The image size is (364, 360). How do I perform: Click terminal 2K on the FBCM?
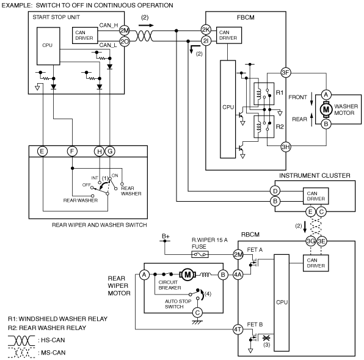tap(206, 29)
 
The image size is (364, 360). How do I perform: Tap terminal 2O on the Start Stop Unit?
tap(125, 42)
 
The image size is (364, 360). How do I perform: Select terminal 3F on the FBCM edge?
tap(286, 73)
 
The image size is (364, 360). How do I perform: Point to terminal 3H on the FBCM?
tap(286, 147)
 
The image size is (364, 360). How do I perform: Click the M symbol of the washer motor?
tap(326, 109)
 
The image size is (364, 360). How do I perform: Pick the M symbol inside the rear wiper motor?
tap(187, 275)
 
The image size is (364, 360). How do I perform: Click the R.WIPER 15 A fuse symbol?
tap(200, 254)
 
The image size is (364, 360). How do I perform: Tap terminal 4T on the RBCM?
tap(238, 329)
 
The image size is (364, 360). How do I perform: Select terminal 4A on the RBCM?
tap(238, 275)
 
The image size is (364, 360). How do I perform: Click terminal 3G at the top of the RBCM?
tap(311, 241)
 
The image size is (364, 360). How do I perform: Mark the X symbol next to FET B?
tap(266, 338)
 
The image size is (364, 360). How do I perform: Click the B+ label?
tap(166, 236)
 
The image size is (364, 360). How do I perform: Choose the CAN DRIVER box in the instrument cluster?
tap(316, 196)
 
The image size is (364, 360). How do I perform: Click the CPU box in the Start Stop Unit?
tap(48, 46)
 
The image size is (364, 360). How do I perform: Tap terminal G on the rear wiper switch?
tap(110, 152)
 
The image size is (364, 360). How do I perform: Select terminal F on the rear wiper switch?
tap(72, 152)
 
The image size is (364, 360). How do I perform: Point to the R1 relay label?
tap(280, 93)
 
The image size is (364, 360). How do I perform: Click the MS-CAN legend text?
tap(51, 353)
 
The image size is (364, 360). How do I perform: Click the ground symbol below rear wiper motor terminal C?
tap(197, 322)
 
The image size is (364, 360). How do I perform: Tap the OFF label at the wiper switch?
tap(86, 185)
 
